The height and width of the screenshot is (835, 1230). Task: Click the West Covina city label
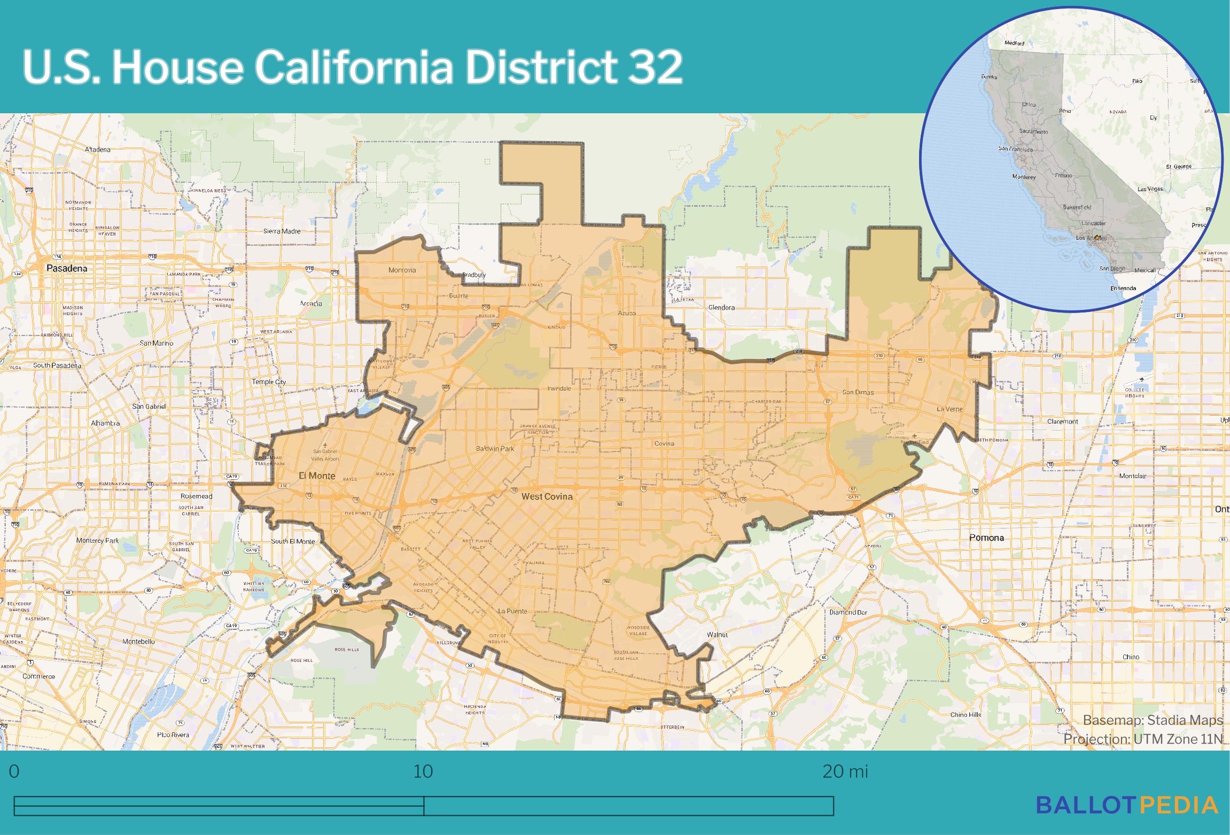click(547, 496)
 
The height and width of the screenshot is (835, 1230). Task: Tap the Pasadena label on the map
click(66, 268)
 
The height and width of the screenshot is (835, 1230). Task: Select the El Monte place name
click(317, 475)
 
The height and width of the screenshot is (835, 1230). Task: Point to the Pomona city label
click(986, 537)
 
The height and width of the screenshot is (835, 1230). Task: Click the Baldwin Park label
click(495, 449)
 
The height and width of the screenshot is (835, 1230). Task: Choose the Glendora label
click(721, 307)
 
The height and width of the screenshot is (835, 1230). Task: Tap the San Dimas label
click(858, 392)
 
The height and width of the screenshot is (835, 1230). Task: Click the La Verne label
click(949, 409)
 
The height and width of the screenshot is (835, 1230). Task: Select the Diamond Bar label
click(848, 612)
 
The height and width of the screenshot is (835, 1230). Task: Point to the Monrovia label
click(402, 270)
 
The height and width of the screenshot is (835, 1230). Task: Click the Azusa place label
click(627, 313)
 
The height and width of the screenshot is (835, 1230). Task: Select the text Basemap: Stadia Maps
click(1153, 720)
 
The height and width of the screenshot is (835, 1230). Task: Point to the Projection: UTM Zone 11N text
click(1142, 739)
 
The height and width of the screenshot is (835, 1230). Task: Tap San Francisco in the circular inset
click(1015, 149)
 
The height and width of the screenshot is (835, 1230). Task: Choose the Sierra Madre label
click(282, 231)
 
